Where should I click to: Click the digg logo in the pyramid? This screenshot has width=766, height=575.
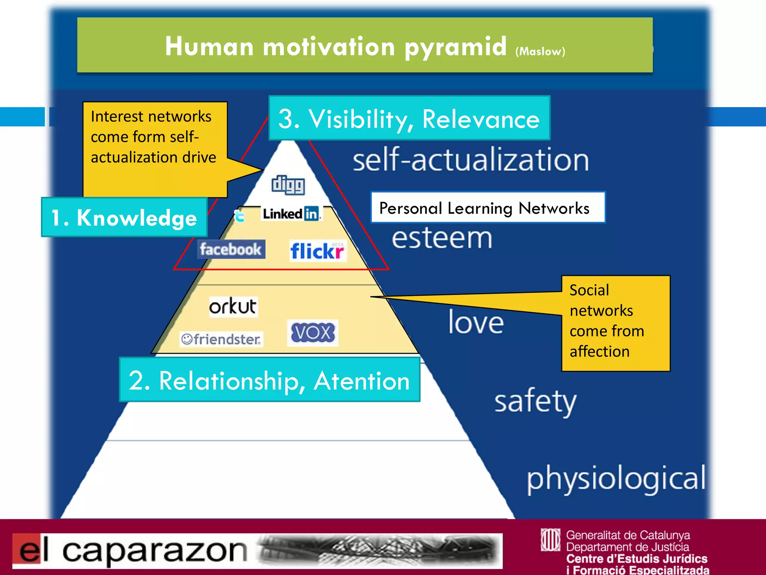(288, 185)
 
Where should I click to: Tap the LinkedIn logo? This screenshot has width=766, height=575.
(291, 214)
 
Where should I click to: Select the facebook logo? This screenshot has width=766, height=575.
(231, 249)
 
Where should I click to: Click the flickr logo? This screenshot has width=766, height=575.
(318, 251)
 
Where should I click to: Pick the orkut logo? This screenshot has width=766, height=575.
(233, 307)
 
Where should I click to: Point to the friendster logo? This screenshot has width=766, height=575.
(221, 339)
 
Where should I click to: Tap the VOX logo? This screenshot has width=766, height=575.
(313, 332)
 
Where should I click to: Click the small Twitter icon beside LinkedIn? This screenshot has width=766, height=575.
(239, 216)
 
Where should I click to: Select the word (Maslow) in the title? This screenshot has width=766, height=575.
(540, 51)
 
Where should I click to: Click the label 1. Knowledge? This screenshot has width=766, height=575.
(124, 217)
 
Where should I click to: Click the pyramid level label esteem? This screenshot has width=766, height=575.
(442, 238)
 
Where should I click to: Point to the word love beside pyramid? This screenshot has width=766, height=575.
(476, 322)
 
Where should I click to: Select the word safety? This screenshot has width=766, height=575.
(535, 402)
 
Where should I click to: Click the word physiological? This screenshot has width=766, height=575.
(616, 479)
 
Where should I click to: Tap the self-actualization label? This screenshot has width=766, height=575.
(471, 160)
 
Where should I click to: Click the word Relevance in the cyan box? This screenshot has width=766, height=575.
(481, 119)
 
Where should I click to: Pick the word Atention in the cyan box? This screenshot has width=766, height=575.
(361, 381)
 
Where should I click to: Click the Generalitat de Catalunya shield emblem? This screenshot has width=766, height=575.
(550, 539)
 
